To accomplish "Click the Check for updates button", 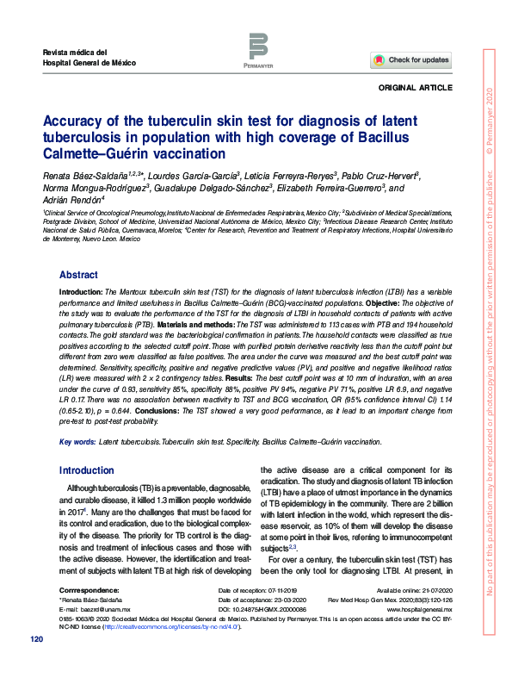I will pos(410,60).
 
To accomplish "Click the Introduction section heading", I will pos(85,470).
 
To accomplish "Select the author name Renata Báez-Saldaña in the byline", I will pos(83,175).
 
